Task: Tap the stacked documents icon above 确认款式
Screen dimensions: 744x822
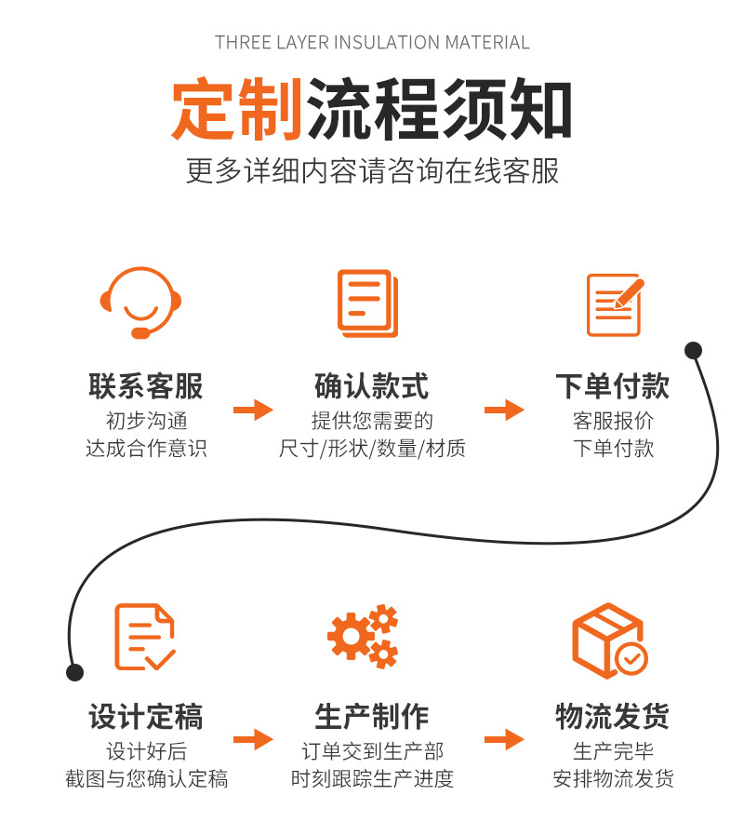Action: click(367, 303)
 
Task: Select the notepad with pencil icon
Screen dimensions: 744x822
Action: click(615, 303)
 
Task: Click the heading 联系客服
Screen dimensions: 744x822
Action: click(146, 385)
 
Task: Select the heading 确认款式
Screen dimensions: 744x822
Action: click(372, 385)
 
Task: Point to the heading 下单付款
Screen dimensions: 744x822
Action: click(613, 385)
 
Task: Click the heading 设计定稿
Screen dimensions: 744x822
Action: click(146, 717)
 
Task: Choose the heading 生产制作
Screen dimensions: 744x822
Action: click(372, 717)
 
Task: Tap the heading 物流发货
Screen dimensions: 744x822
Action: click(613, 717)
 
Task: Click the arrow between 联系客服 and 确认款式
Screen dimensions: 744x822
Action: click(252, 410)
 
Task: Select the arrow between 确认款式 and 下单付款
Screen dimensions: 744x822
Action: click(504, 410)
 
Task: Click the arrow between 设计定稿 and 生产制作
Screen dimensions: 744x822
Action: click(252, 740)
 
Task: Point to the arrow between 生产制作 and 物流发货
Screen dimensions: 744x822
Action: click(504, 740)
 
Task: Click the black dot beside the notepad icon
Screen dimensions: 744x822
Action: click(693, 351)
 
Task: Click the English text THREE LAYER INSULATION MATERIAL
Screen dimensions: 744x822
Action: click(372, 43)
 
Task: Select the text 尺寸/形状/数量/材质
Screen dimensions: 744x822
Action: click(372, 449)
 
